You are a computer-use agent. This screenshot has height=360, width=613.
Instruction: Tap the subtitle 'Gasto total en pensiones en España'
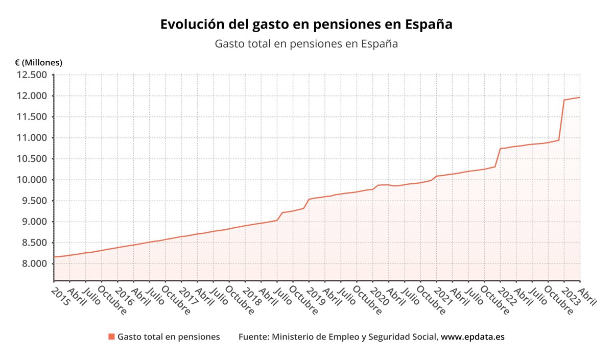coord(306,44)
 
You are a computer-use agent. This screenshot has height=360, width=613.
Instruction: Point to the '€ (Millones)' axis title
coord(38,63)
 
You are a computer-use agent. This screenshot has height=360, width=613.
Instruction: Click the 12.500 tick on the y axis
coord(32,75)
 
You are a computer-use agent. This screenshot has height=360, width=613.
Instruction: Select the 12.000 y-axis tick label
coord(32,96)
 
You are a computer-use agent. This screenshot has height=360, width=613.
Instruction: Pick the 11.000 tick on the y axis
coord(32,138)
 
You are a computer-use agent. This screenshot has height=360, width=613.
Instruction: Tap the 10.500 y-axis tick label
coord(32,159)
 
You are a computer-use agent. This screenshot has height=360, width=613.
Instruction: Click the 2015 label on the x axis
coord(60,296)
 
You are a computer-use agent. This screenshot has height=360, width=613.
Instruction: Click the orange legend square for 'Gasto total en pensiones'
coord(111,337)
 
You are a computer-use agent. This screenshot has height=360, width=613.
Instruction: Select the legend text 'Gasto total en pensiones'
coord(169,337)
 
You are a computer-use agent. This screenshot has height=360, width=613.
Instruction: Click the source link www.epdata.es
coord(473,337)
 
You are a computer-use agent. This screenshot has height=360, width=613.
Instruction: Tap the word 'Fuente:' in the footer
coord(254,337)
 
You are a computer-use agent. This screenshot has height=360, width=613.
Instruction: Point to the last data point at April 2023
coord(579,98)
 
